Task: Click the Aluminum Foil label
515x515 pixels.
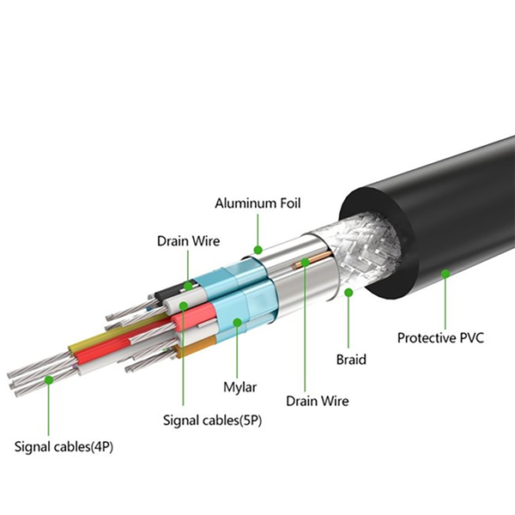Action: (x=257, y=203)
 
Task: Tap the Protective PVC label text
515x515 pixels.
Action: (x=440, y=337)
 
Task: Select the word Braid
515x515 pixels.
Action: (x=351, y=360)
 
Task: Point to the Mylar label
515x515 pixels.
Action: (x=239, y=387)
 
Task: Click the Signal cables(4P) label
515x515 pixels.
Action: (x=64, y=446)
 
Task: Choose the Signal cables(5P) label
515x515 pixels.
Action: (x=213, y=420)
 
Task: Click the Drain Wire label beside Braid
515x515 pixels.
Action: (x=318, y=401)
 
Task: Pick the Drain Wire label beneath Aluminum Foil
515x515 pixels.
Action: (x=189, y=240)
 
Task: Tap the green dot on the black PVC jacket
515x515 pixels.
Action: (x=445, y=273)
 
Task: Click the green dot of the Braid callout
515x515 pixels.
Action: (x=348, y=292)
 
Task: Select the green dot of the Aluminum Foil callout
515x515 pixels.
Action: (x=258, y=250)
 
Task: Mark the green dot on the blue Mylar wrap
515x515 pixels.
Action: (x=237, y=322)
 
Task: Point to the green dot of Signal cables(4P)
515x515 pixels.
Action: (x=49, y=380)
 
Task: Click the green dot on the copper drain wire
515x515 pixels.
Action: (x=305, y=262)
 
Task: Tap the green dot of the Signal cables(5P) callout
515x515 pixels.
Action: (x=184, y=306)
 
